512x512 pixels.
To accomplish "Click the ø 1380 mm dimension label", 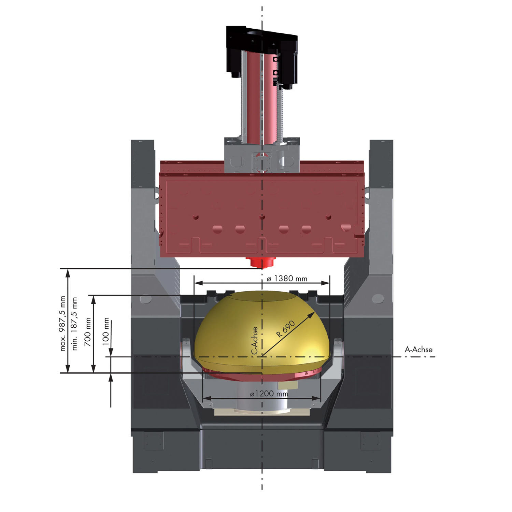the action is coord(287,279).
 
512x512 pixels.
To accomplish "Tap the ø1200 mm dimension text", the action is coord(269,394).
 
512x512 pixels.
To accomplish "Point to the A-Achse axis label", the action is coord(418,350).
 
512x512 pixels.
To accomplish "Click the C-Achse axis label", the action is coord(255,341).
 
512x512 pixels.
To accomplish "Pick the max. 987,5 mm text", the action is coord(62,324).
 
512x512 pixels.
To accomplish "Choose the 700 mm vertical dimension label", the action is coord(88,332).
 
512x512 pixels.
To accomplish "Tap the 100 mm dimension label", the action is coord(106,331).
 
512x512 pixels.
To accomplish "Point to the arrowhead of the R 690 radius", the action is coord(311,315).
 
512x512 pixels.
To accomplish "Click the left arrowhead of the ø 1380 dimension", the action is coord(198,283).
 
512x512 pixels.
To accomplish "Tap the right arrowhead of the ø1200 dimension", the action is coord(317,398).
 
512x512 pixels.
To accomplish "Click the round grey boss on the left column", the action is coord(146,299).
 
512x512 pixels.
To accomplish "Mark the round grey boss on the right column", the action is coord(378,299).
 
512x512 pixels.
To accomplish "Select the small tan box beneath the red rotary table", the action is coord(288,385).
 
